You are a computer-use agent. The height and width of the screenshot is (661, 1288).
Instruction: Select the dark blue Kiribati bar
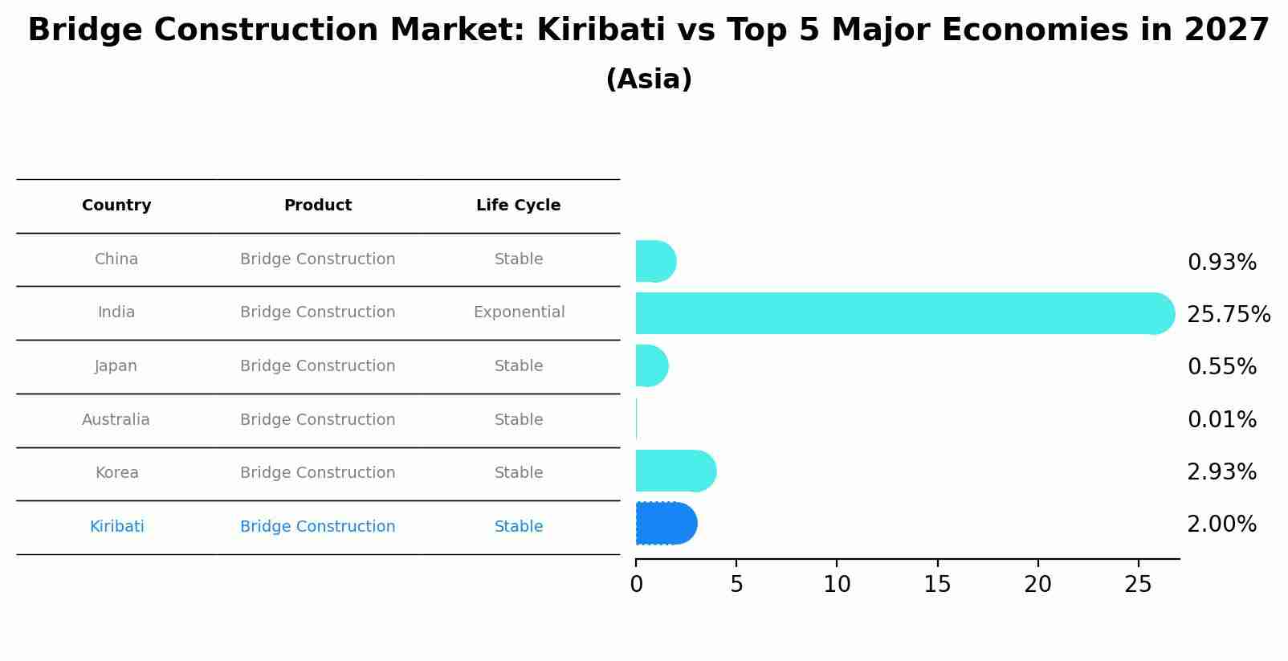point(665,524)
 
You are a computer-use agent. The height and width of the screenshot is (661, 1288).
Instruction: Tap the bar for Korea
point(675,471)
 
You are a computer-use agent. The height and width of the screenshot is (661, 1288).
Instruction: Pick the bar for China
point(654,261)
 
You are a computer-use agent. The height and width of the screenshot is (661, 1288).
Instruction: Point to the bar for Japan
point(651,366)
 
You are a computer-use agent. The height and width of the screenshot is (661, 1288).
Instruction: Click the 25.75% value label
point(1228,315)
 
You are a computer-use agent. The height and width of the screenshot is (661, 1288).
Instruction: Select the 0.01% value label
point(1221,419)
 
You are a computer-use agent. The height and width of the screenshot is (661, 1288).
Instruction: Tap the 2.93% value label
point(1221,472)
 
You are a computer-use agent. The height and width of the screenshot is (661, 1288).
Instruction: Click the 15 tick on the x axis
point(937,585)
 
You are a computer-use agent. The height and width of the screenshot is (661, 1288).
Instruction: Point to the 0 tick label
point(636,585)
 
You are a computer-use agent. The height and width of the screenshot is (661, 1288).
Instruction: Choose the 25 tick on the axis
point(1138,585)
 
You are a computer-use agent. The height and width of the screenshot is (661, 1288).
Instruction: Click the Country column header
point(116,206)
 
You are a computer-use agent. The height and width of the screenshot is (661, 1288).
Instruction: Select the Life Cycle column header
point(518,206)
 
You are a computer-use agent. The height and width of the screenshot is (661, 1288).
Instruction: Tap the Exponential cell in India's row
point(519,312)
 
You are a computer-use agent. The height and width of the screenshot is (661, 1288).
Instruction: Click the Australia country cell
point(116,419)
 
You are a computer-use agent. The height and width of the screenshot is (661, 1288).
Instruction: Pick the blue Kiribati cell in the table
point(116,527)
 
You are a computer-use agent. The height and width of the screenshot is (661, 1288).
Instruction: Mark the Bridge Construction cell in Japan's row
point(317,366)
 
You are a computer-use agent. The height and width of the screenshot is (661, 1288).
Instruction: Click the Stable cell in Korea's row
point(519,473)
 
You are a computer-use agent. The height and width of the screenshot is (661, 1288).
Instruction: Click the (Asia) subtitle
point(649,80)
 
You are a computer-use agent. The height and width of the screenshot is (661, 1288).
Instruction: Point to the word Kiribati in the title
point(600,31)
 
